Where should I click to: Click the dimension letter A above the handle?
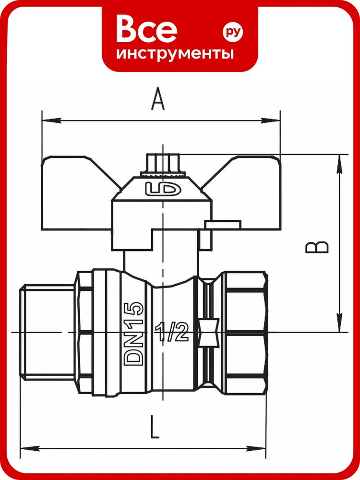157,98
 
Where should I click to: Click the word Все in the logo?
146,29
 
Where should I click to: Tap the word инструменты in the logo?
175,54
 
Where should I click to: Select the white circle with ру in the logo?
233,32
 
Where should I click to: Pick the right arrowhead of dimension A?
270,120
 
